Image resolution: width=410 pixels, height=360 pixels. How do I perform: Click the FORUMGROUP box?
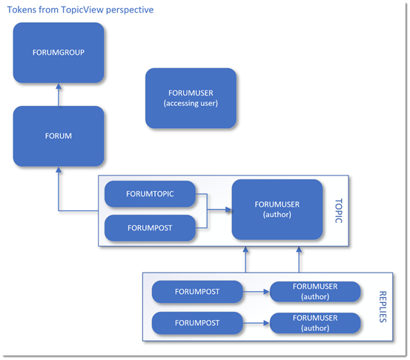point(59,52)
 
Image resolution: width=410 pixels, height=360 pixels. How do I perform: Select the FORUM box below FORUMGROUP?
point(59,136)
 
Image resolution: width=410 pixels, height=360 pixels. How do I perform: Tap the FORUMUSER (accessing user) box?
point(191,98)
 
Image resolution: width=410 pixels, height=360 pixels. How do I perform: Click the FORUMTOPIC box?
point(151,194)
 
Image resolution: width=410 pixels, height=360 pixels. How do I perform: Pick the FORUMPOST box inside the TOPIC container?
point(151,228)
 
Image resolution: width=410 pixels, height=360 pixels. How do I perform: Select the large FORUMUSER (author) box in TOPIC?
point(278,210)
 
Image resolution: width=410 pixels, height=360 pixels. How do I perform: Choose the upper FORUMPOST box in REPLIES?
point(197,292)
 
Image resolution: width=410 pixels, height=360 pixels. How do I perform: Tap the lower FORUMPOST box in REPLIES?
point(197,323)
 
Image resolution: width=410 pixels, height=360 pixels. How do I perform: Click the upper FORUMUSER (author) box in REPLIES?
point(315,292)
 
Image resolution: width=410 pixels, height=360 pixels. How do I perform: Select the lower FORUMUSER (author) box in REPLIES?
point(315,323)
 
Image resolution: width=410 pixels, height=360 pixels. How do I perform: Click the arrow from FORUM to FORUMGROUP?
point(59,94)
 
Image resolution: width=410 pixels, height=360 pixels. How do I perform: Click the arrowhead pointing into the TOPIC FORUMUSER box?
point(228,210)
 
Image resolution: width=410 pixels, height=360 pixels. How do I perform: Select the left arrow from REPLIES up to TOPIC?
point(245,261)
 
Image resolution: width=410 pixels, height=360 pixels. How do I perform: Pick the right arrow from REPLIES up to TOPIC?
point(300,261)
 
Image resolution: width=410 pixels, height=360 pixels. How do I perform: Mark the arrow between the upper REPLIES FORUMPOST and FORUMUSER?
point(257,292)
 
